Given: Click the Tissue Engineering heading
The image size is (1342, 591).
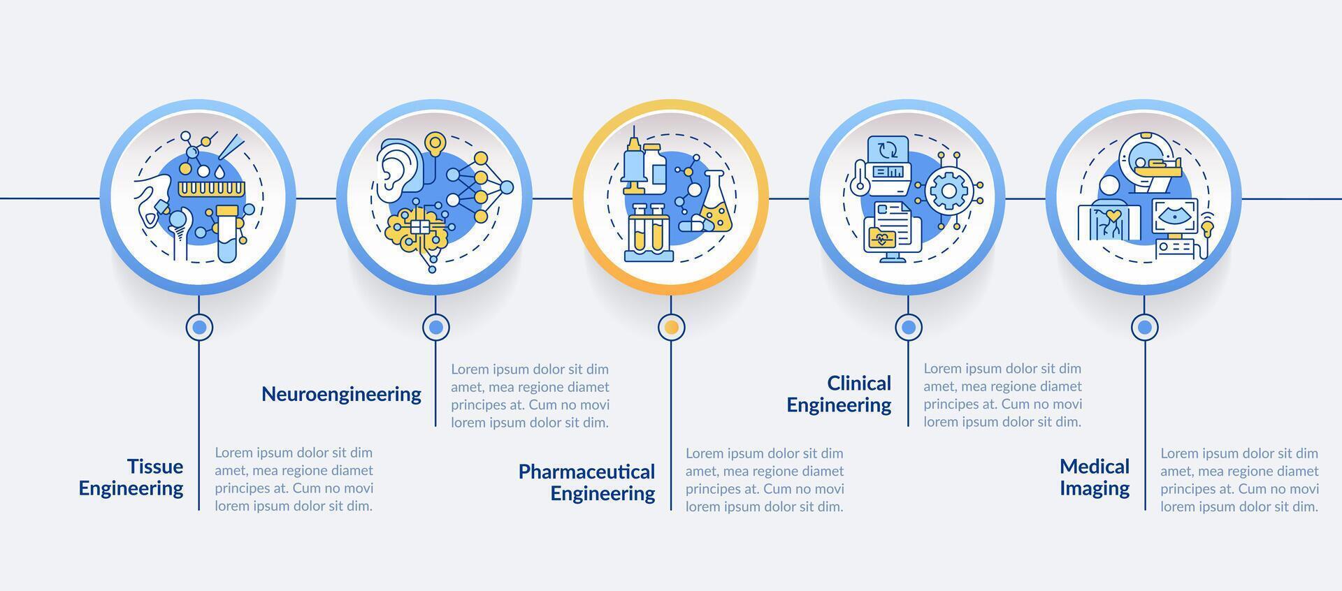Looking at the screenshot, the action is click(131, 477).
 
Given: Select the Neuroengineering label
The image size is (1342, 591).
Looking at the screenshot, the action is click(341, 395).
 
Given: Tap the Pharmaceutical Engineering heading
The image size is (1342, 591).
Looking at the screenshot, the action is click(586, 483).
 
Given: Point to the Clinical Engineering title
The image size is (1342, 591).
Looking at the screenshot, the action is click(839, 394).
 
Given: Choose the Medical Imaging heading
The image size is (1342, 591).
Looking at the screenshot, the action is click(1095, 477).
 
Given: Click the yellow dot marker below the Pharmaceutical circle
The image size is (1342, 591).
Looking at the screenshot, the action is click(671, 327).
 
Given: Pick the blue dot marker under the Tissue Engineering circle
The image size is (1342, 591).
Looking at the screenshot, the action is click(199, 327).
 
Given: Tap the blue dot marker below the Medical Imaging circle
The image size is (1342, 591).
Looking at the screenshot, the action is click(1144, 327).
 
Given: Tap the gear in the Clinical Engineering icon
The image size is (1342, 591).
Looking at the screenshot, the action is click(948, 187).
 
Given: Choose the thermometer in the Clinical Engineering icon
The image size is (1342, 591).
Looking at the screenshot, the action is click(858, 188).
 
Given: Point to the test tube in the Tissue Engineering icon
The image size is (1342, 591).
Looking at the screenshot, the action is click(227, 233).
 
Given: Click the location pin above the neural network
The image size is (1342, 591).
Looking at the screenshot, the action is click(435, 143).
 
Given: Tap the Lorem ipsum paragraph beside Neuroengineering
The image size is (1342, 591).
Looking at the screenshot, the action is click(530, 395).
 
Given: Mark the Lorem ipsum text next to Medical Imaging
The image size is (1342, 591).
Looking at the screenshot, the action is click(1239, 480).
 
